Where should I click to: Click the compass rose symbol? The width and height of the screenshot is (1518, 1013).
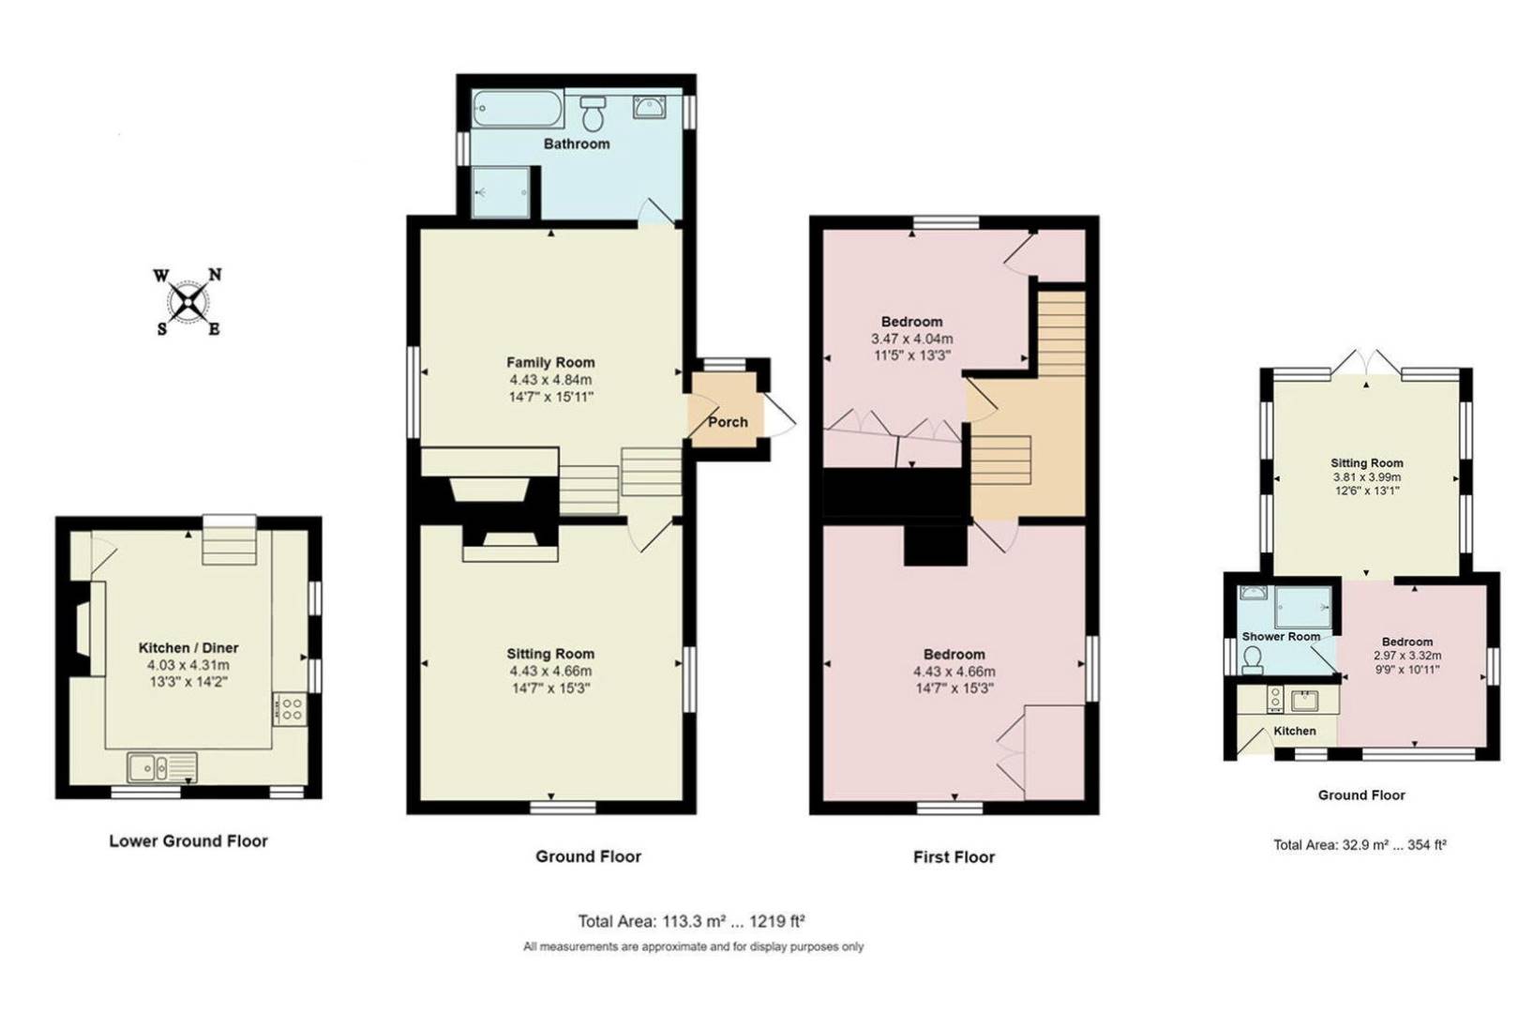(x=188, y=302)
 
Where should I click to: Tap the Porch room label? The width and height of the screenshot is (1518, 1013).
(x=728, y=422)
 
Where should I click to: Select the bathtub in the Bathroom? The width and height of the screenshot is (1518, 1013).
(x=517, y=109)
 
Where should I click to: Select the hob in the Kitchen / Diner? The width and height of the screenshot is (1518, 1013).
(x=289, y=708)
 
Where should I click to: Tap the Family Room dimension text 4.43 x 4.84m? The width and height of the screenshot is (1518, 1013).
(x=550, y=380)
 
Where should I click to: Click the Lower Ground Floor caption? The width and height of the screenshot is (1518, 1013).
(x=188, y=841)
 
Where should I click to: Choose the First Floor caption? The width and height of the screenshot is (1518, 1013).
(x=954, y=856)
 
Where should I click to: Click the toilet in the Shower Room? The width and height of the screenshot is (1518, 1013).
(x=1252, y=662)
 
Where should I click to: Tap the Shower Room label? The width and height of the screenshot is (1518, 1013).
(x=1281, y=637)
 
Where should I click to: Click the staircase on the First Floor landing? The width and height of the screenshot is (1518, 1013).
(x=1060, y=334)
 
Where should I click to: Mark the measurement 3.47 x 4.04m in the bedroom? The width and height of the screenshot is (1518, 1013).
(x=911, y=339)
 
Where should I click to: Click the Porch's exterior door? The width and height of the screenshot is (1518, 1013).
(x=781, y=414)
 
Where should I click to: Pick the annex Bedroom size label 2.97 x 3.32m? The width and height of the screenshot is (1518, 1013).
(x=1406, y=656)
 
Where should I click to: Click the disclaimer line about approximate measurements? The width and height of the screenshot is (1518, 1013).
(x=693, y=947)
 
